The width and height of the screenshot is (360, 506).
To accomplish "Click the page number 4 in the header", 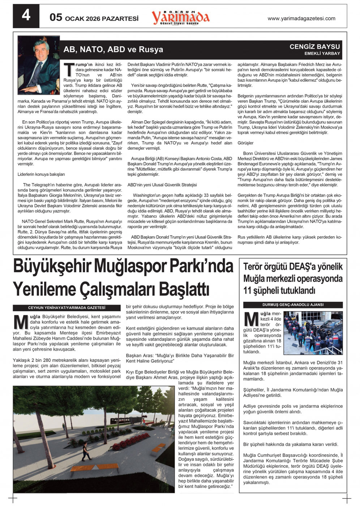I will coord(26,16).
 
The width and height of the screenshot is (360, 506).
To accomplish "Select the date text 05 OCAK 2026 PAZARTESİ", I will coord(94,18).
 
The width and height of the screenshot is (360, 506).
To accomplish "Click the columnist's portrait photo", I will coord(39,65).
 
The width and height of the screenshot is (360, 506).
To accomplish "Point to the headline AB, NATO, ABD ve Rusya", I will coord(113,49).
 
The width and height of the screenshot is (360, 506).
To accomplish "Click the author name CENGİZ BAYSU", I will coord(314,47).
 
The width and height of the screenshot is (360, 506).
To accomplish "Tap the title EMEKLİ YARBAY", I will coord(322,53).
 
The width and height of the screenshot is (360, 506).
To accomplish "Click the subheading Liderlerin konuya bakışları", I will coord(41,174).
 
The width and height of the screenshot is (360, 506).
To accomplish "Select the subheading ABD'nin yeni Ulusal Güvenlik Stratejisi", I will coord(162,185).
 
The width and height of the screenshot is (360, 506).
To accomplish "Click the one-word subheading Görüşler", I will coord(245,143).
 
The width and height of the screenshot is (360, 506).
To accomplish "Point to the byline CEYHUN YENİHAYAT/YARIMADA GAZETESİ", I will coord(67,308).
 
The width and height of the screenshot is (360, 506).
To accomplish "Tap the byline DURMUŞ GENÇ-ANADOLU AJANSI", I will coord(293,305).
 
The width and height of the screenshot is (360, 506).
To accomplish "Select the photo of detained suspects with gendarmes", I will coord(313,333).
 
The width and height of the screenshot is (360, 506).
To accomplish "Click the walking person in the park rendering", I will coord(85,451).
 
